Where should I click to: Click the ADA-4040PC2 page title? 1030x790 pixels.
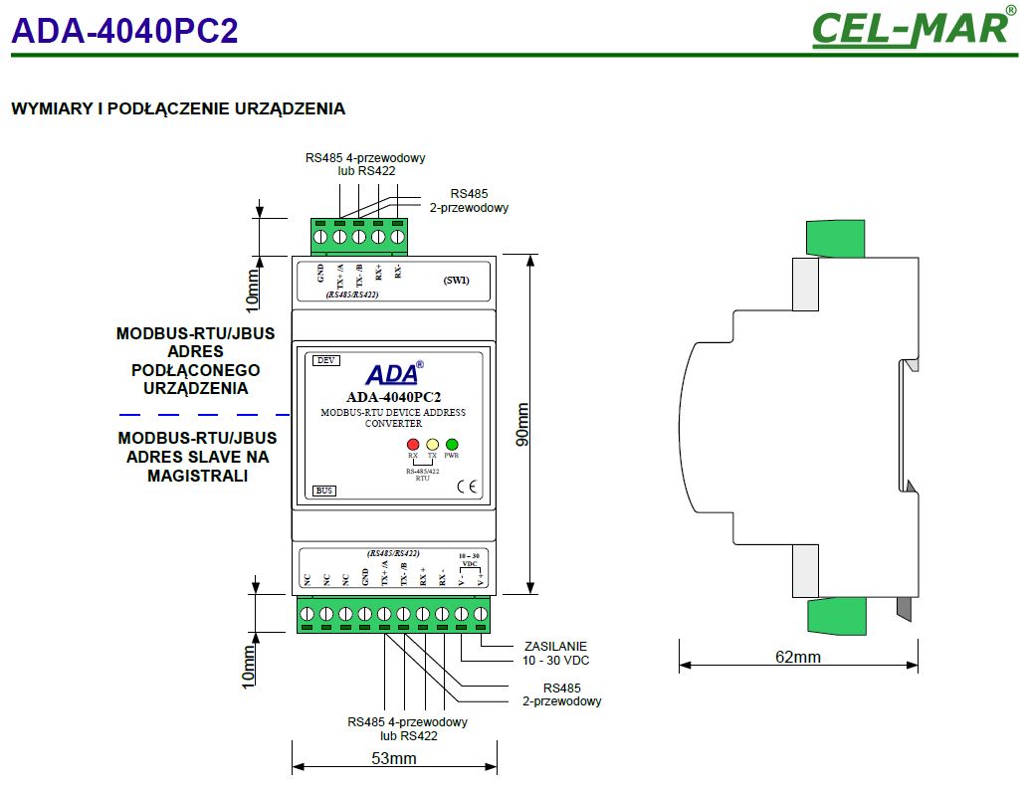[124, 32]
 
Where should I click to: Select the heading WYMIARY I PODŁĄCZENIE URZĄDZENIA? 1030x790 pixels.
[178, 108]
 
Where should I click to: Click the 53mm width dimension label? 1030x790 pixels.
[393, 759]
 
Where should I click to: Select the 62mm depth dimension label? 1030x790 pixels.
[797, 657]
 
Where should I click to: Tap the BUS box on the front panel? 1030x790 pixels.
[323, 491]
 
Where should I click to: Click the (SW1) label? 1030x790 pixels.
[456, 280]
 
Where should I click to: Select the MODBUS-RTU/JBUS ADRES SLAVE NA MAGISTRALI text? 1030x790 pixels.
[197, 457]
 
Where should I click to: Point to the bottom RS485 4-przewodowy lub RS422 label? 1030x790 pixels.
[407, 729]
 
